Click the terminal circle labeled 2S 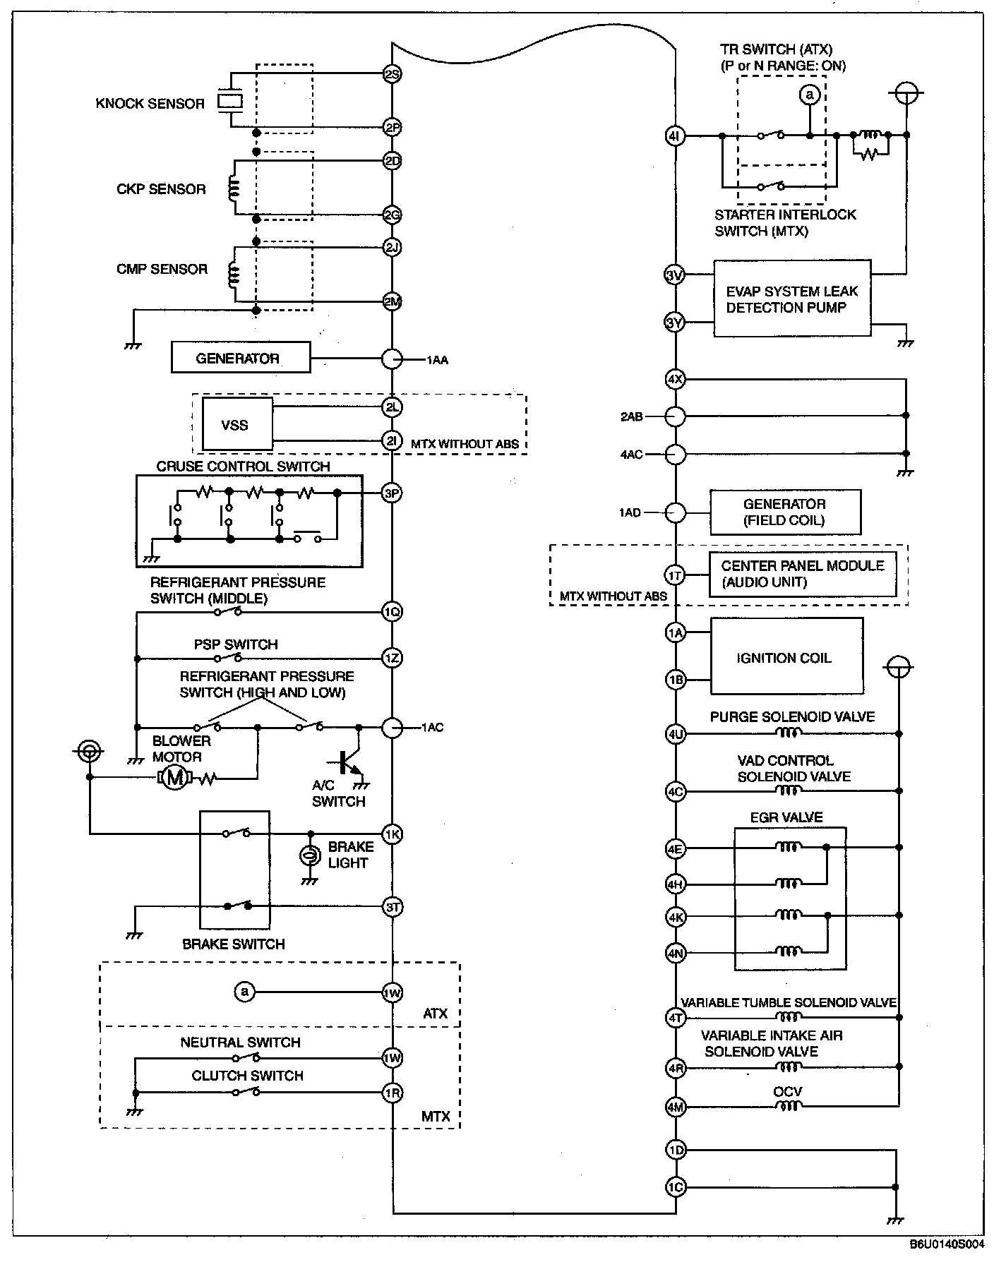pyautogui.click(x=392, y=73)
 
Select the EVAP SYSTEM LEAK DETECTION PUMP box pyautogui.click(x=792, y=299)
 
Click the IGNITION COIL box pyautogui.click(x=786, y=657)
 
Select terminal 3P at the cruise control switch pyautogui.click(x=392, y=493)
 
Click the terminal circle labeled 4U pyautogui.click(x=676, y=734)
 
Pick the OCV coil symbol pyautogui.click(x=788, y=1107)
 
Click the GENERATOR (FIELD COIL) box pyautogui.click(x=785, y=512)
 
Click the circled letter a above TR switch pyautogui.click(x=810, y=95)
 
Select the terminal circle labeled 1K pyautogui.click(x=392, y=834)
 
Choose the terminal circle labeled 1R pyautogui.click(x=392, y=1093)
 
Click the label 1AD pyautogui.click(x=630, y=512)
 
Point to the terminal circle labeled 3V pyautogui.click(x=676, y=275)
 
